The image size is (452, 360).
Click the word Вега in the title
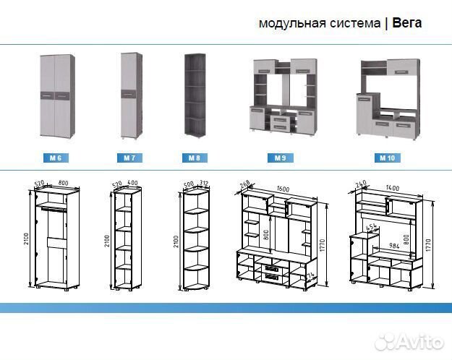407,23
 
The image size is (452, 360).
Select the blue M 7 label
129,158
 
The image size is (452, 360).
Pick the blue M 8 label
195,158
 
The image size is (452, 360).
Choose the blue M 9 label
280,158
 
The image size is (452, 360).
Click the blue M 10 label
386,158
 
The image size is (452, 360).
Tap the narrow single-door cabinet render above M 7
129,96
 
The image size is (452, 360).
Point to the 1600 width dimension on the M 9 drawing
283,190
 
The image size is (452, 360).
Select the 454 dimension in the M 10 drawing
370,228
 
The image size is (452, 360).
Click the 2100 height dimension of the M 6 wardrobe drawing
27,235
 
